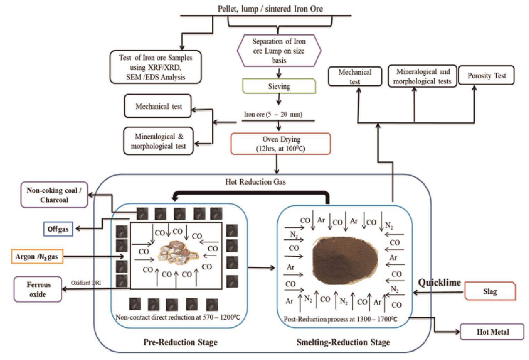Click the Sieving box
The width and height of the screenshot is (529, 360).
click(x=279, y=86)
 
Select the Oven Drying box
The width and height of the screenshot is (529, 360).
click(x=281, y=144)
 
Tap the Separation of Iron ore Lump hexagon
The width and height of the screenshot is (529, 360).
click(x=279, y=51)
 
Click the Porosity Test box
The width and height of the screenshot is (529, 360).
click(x=486, y=75)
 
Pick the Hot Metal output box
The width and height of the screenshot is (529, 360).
click(x=492, y=332)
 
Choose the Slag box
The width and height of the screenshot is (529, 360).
click(x=490, y=291)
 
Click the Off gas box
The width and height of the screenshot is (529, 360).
click(x=58, y=229)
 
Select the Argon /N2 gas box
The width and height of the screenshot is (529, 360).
click(x=37, y=257)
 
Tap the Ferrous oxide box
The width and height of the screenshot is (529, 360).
click(x=38, y=289)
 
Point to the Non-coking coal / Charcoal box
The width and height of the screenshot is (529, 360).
click(x=54, y=195)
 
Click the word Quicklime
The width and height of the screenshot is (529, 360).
click(x=439, y=282)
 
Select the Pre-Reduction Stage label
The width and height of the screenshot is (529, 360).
click(x=180, y=342)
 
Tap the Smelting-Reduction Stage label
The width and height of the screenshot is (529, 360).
click(x=343, y=342)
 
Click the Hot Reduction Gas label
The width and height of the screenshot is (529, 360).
click(x=255, y=182)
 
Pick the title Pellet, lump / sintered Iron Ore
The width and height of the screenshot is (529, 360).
click(x=270, y=9)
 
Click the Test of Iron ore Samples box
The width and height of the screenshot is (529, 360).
click(x=156, y=67)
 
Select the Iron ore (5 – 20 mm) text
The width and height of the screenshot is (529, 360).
click(x=273, y=114)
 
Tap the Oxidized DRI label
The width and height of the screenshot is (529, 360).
click(x=86, y=283)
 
